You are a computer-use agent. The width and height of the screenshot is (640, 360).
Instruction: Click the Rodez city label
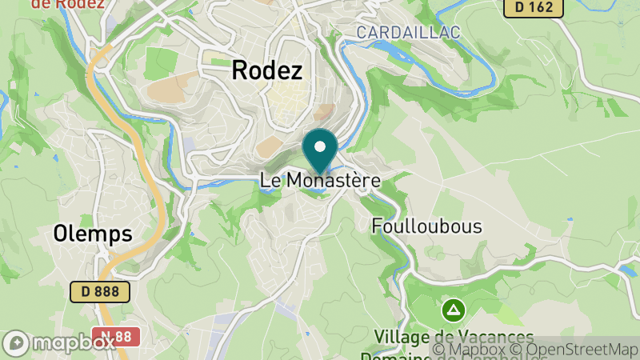coord(267,70)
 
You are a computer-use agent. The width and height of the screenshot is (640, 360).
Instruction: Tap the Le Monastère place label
coord(320,181)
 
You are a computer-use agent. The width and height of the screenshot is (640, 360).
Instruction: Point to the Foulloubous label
coord(427,226)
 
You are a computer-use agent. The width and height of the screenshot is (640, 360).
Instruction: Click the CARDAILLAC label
coord(408,33)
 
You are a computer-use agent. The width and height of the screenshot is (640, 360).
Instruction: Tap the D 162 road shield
coord(534,7)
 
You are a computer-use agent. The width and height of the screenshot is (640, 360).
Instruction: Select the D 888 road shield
coord(100,292)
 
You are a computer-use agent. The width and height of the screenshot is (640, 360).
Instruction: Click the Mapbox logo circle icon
coord(16,343)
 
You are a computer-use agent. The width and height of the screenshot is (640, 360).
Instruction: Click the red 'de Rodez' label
coord(67,3)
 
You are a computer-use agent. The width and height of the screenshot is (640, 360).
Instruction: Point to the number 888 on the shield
coord(108,292)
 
